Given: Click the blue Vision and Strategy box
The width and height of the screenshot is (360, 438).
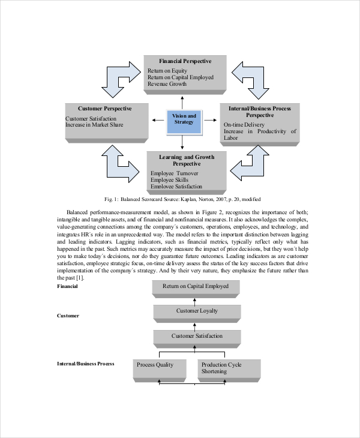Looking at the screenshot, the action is [184, 122].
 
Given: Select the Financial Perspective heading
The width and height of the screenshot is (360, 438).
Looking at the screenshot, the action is [185, 61].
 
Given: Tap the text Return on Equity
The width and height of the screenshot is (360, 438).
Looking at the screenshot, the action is [167, 71].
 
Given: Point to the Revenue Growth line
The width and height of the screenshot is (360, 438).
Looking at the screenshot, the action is [167, 84].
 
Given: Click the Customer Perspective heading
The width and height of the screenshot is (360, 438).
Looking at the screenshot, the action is [105, 109].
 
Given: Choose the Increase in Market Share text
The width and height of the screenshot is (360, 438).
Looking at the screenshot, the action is [94, 125].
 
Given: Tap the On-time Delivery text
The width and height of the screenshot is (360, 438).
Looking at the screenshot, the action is [244, 125].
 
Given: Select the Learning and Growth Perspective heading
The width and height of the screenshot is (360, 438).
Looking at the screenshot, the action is [187, 160].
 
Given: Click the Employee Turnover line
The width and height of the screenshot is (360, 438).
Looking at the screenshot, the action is [174, 173].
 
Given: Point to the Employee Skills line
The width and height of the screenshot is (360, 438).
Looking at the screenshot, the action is [169, 180].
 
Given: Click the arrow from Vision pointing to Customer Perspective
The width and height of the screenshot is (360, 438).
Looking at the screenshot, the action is [158, 120].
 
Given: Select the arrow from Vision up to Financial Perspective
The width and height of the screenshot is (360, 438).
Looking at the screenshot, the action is [182, 103].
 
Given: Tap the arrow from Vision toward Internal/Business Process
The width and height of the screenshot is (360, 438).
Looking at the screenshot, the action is [211, 120].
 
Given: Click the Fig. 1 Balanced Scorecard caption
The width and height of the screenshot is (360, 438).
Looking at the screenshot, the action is [182, 199].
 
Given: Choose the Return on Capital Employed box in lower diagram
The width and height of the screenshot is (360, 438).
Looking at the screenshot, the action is [196, 289].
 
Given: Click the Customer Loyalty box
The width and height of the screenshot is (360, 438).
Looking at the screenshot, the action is [197, 313].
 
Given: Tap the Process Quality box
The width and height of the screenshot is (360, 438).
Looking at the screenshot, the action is [160, 371].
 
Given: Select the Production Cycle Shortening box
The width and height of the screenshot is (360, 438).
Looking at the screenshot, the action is [229, 371].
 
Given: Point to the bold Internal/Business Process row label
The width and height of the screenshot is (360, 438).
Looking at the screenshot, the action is [85, 364].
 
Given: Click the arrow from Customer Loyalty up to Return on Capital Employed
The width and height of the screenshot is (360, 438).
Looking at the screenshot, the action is [194, 302].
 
